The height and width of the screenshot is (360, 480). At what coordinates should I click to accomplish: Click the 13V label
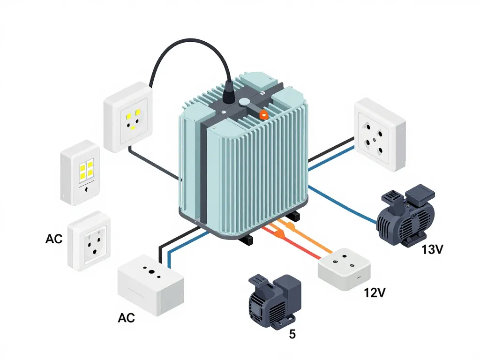[x=432, y=250]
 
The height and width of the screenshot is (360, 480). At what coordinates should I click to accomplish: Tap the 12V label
[x=375, y=293]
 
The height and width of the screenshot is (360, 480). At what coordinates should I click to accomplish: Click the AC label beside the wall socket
[x=54, y=239]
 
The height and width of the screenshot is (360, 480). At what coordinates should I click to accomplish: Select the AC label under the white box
[x=126, y=318]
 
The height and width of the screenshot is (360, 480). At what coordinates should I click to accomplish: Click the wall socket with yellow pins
[x=127, y=117]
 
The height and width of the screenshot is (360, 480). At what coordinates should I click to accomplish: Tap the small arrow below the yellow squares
[x=85, y=191]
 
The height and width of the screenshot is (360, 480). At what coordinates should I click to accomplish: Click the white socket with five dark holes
[x=379, y=134]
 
